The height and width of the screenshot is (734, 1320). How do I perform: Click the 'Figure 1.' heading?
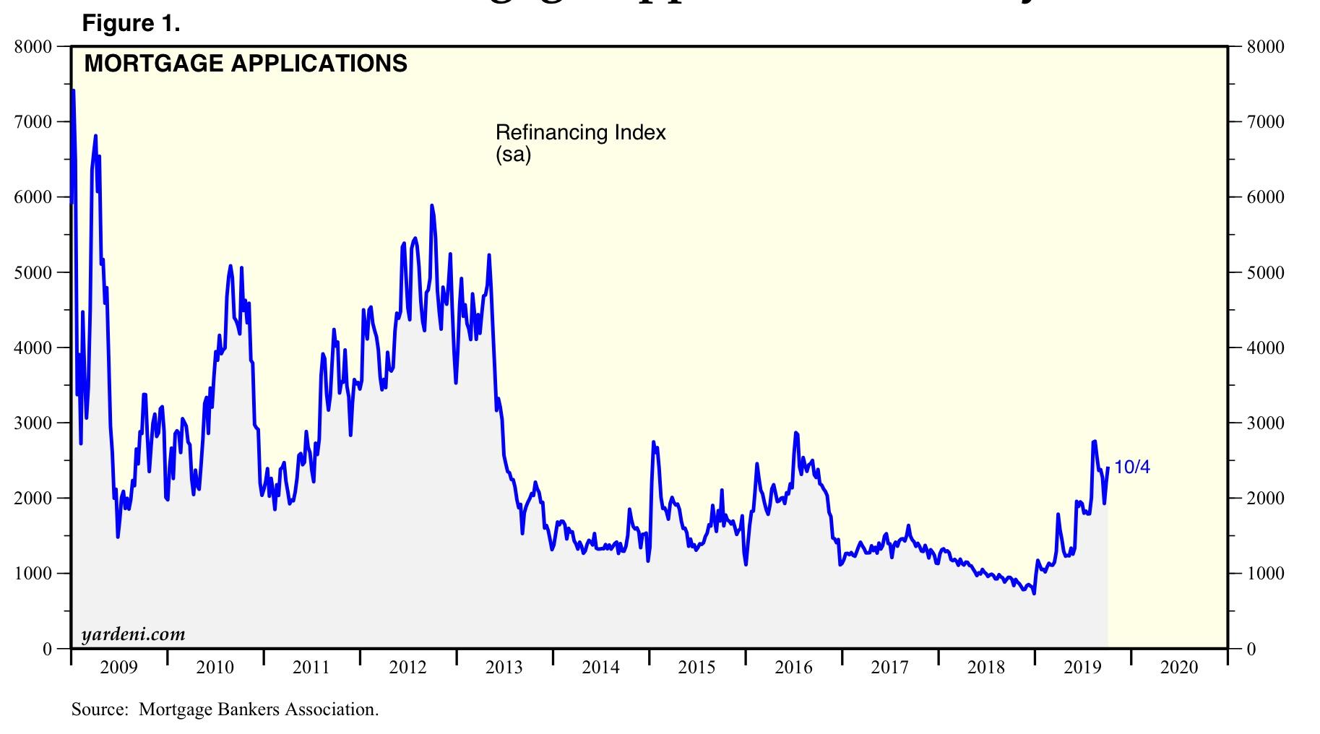131,24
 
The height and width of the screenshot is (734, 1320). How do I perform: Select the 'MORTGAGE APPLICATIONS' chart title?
246,64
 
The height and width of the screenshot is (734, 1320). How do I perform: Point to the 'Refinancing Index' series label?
580,133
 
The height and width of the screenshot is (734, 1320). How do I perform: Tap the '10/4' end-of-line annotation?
1132,467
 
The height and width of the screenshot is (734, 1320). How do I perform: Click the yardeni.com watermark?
134,634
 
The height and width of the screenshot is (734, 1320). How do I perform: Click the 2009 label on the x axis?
118,668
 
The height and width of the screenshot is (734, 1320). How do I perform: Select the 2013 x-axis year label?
504,668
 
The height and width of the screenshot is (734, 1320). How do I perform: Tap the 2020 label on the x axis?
1179,668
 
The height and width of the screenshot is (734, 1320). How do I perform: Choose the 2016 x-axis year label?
793,668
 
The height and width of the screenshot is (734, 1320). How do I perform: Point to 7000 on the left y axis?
34,121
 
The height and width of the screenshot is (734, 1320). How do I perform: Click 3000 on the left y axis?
34,423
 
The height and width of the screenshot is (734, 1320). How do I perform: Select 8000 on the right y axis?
1266,47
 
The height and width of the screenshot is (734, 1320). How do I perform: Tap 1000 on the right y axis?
1266,574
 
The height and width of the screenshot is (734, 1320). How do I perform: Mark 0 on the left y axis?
47,649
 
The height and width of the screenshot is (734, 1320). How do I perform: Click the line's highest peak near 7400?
73,91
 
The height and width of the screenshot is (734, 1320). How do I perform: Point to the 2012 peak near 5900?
432,206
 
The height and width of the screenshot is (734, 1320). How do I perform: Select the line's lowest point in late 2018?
1034,593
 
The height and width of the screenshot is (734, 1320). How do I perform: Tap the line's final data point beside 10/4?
1108,468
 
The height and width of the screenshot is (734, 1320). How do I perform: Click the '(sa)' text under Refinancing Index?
513,154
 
